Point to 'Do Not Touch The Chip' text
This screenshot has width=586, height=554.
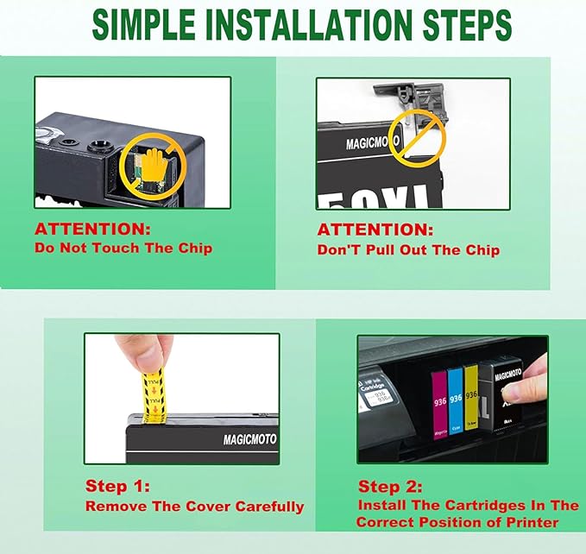[x=123, y=248]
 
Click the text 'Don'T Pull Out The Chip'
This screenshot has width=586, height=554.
[x=408, y=250]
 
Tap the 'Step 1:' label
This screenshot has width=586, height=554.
[x=117, y=487]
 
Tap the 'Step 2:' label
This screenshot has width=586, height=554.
[x=391, y=487]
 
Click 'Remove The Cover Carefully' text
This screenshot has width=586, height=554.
[x=194, y=507]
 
